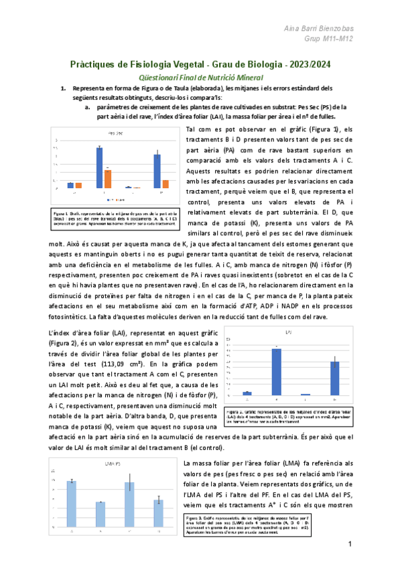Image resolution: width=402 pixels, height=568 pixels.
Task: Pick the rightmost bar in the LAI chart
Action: click(334, 378)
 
